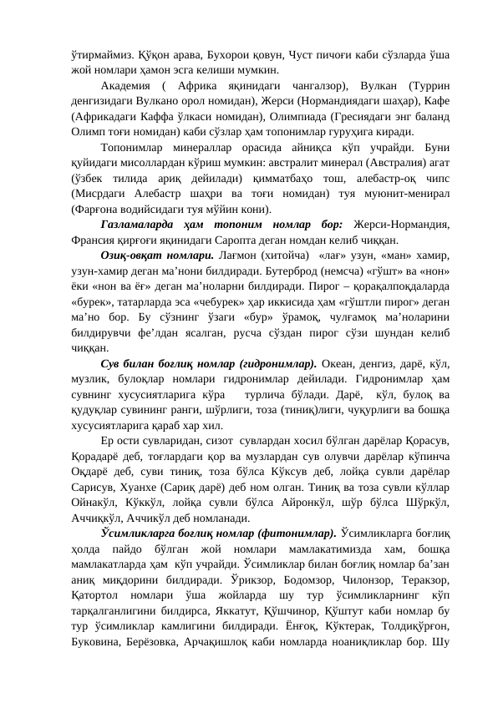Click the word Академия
(x=126, y=86)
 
